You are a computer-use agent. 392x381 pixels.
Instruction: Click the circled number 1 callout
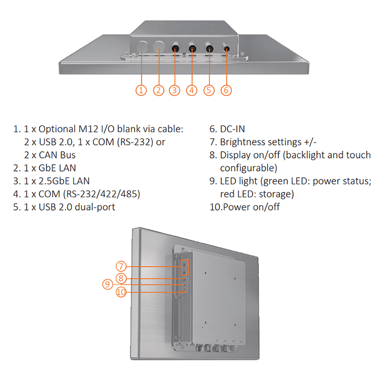[141, 90]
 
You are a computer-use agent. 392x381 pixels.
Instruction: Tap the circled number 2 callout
[158, 90]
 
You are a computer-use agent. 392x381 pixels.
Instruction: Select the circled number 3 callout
[175, 90]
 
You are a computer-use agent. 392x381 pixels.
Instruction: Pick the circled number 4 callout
[192, 90]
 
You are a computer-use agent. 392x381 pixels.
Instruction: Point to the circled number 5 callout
[209, 90]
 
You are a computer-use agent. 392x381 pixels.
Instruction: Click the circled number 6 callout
[226, 90]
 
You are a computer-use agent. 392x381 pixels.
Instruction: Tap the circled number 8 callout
[122, 278]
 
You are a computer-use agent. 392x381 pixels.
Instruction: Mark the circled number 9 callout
[108, 285]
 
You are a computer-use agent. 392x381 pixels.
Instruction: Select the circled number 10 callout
[122, 292]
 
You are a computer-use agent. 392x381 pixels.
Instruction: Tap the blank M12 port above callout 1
[142, 47]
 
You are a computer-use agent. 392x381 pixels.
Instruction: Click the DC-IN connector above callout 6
[227, 48]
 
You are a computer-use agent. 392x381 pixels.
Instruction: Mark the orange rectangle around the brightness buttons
[184, 267]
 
